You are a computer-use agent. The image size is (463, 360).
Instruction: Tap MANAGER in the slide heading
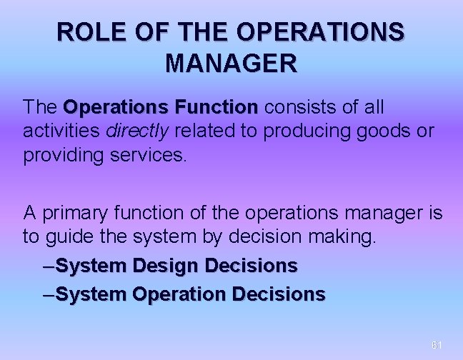pyautogui.click(x=231, y=64)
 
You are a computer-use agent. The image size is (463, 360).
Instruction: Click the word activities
pyautogui.click(x=62, y=131)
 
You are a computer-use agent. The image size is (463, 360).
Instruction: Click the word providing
pyautogui.click(x=63, y=156)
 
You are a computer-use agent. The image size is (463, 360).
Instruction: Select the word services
pyautogui.click(x=151, y=156)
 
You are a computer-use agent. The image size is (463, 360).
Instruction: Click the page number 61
pyautogui.click(x=437, y=345)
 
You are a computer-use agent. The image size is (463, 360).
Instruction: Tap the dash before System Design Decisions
pyautogui.click(x=49, y=266)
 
